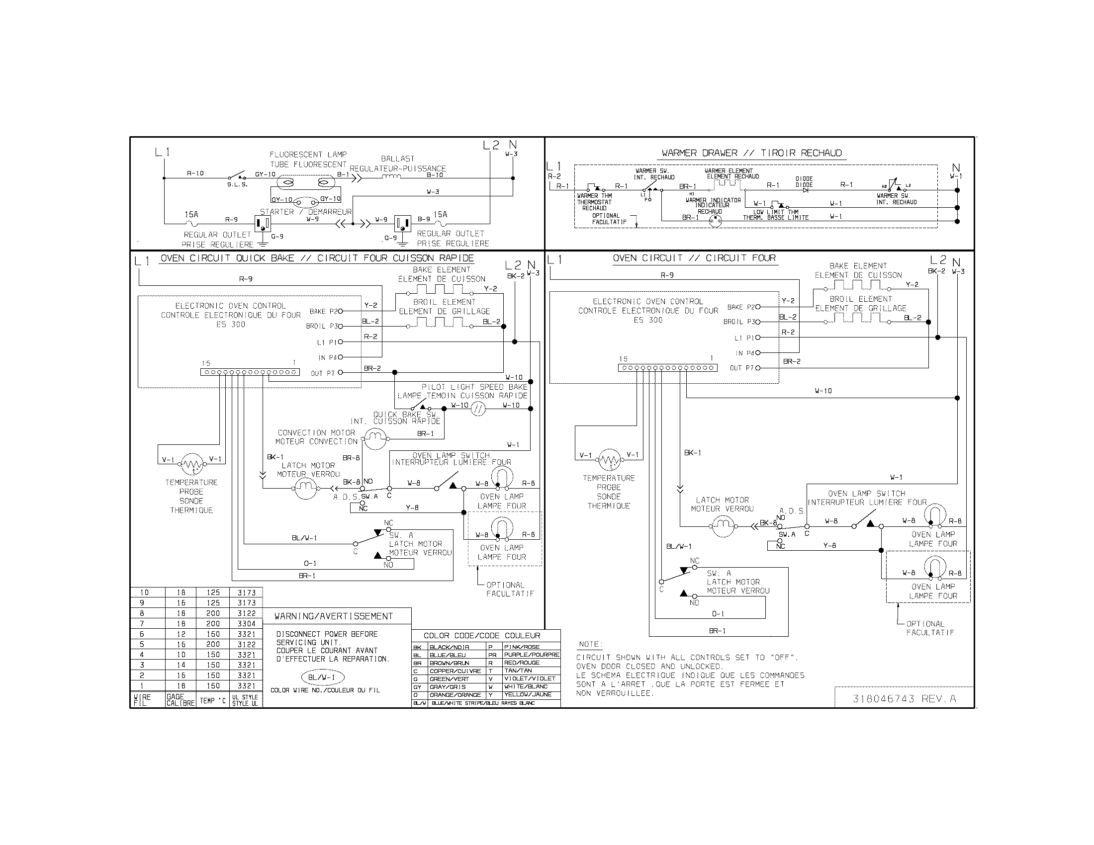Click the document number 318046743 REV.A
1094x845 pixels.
(x=904, y=698)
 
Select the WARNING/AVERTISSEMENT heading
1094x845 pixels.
(x=333, y=616)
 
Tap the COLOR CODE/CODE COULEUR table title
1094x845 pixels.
(x=482, y=636)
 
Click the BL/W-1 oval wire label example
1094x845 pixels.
(x=324, y=677)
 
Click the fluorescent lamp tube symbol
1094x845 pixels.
(x=305, y=183)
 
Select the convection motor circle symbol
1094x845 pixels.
(x=374, y=439)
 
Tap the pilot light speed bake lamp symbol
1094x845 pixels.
(x=478, y=409)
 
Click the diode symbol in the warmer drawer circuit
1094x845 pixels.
(x=806, y=190)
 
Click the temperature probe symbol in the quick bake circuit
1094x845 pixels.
(x=191, y=463)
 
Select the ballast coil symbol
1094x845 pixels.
(x=391, y=177)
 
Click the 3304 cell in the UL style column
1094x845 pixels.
(x=247, y=624)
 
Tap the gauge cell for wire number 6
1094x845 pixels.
(x=181, y=634)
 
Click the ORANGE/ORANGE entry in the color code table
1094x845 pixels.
(x=455, y=695)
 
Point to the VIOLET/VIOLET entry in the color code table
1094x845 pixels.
(x=530, y=678)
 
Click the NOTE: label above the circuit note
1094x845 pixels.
(x=591, y=644)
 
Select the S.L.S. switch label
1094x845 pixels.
(x=237, y=184)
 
